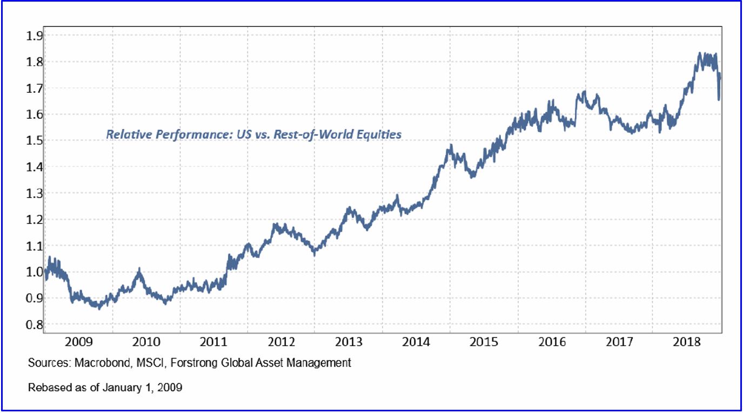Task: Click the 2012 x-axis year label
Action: (282, 342)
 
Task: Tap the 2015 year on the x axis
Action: (484, 342)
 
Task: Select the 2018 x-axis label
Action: (686, 342)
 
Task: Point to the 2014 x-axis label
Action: (416, 342)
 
